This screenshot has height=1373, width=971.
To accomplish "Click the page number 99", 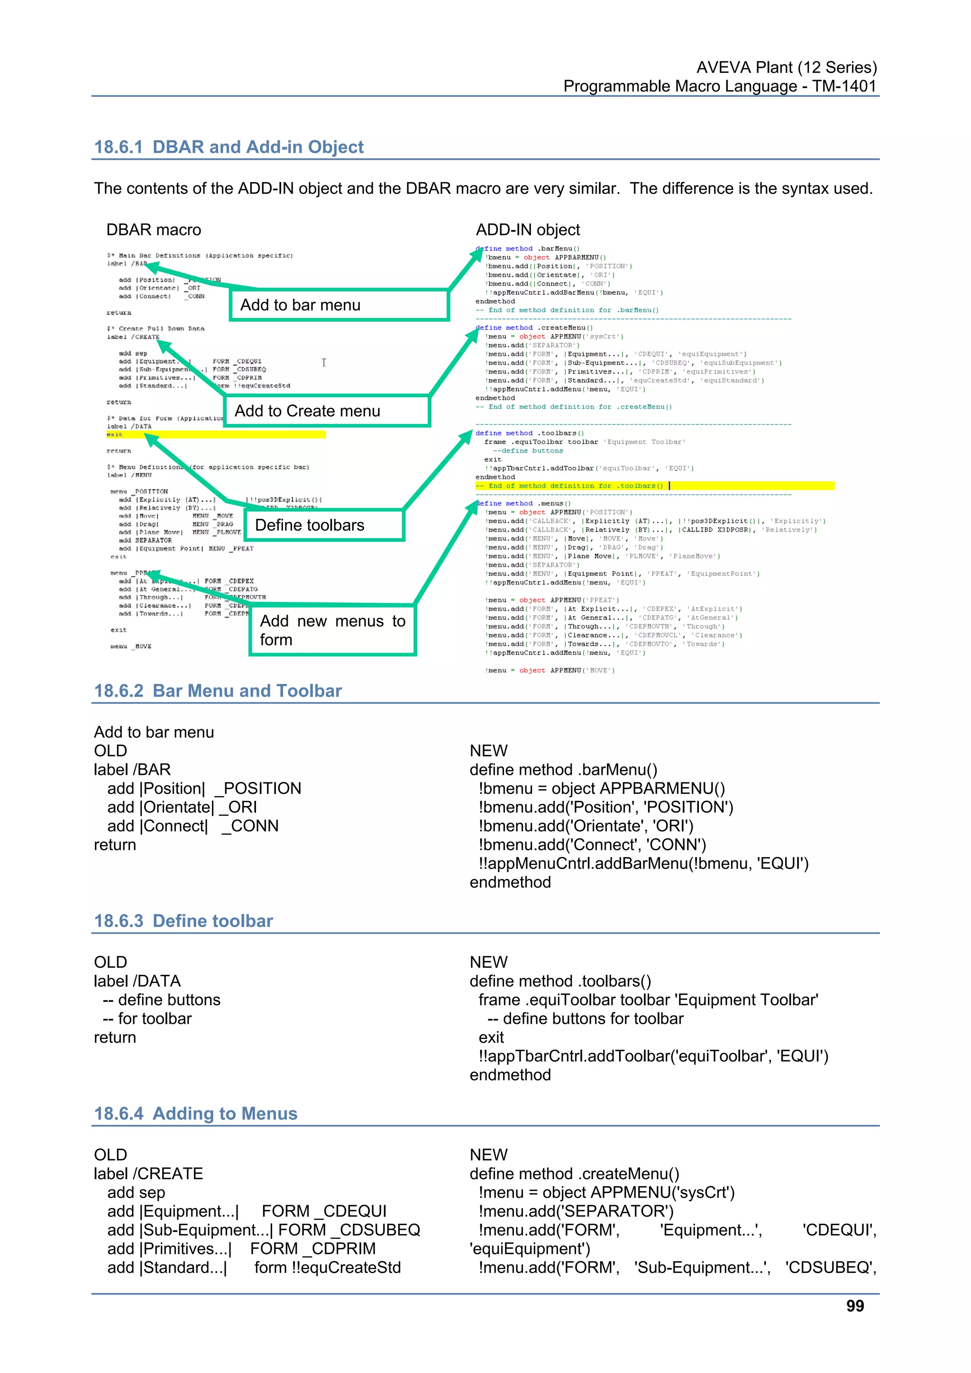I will click(x=854, y=1306).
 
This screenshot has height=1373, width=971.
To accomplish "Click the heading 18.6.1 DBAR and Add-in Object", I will click(x=229, y=146).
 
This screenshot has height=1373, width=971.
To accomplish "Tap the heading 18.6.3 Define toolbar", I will click(x=183, y=920).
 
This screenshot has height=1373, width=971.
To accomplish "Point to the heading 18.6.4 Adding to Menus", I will click(x=196, y=1113).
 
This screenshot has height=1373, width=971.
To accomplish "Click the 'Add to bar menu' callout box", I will click(x=339, y=305).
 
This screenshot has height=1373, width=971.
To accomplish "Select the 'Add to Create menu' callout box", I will click(x=327, y=411).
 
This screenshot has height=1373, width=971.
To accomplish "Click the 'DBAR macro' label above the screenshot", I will click(x=154, y=230).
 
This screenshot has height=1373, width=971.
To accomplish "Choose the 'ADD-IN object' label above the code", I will click(x=528, y=230).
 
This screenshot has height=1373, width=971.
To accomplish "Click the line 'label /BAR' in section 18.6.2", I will click(x=132, y=769).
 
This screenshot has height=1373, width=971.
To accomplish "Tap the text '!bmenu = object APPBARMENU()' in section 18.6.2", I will click(x=601, y=788).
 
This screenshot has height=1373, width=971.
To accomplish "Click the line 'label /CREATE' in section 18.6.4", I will click(x=148, y=1173).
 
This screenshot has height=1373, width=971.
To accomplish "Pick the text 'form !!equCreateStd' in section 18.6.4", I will click(x=327, y=1267).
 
